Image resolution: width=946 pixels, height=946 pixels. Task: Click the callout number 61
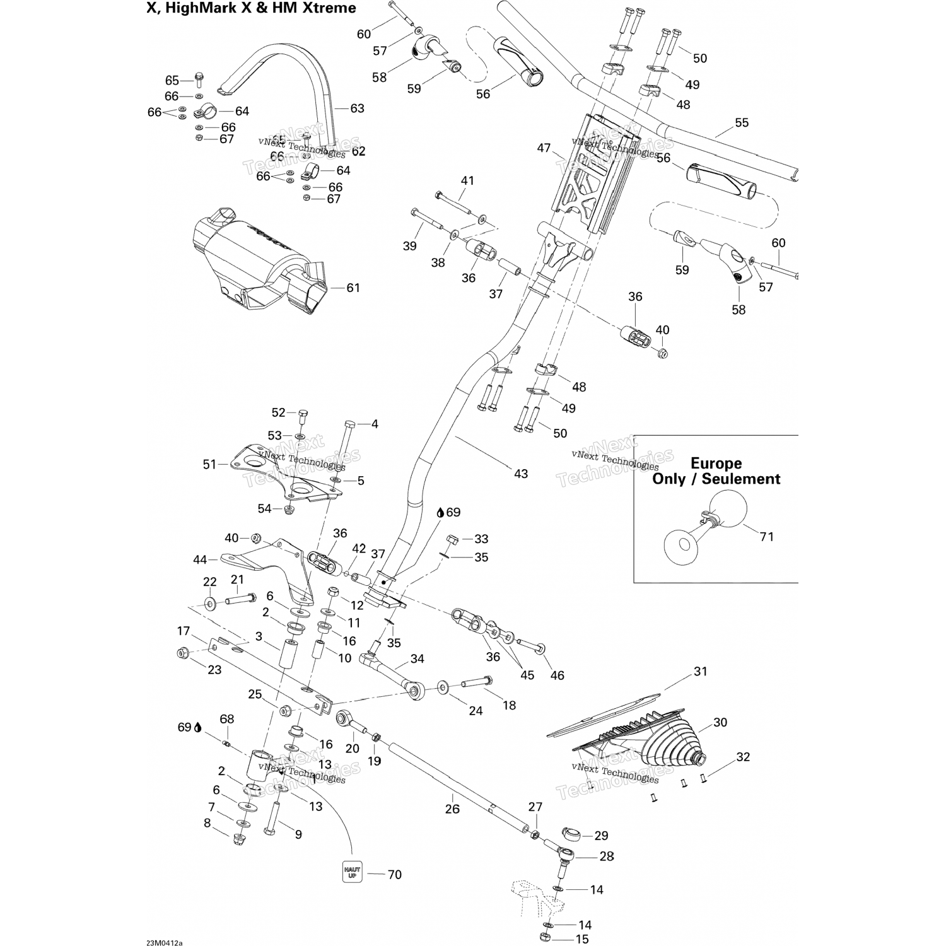[353, 288]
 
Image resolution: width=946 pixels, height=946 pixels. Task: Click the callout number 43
[521, 474]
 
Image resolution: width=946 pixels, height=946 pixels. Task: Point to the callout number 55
[742, 122]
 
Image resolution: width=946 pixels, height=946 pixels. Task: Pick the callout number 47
[544, 149]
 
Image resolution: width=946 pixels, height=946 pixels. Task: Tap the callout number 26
[452, 809]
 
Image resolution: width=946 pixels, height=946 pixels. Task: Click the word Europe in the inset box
[716, 464]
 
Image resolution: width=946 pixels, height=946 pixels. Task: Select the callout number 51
[209, 464]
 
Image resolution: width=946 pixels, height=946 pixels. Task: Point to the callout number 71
[766, 537]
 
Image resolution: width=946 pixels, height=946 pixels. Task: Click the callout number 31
[701, 672]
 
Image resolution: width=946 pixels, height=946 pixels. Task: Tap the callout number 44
[200, 559]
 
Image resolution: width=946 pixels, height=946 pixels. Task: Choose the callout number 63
[357, 108]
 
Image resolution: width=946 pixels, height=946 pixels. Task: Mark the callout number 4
[375, 424]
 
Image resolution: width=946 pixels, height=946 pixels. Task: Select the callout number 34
[417, 659]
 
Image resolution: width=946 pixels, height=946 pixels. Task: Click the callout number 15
[582, 940]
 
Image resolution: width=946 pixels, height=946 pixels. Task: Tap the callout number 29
[601, 836]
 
